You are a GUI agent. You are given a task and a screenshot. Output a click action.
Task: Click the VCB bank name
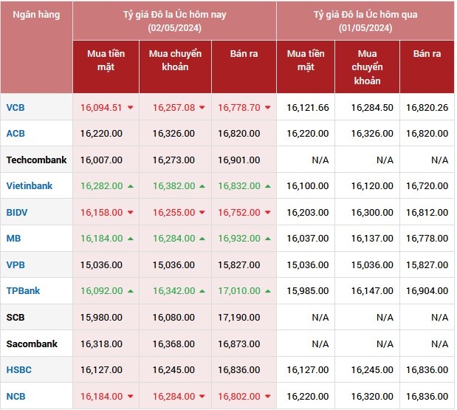point(16,107)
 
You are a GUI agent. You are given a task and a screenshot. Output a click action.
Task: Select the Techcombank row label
point(36,160)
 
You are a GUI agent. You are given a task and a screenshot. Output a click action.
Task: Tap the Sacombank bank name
point(32,344)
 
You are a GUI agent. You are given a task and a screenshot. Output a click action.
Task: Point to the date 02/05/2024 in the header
point(174,28)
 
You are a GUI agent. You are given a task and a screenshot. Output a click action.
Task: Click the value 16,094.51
point(100,107)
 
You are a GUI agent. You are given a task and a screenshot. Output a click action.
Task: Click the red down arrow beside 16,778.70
point(267,108)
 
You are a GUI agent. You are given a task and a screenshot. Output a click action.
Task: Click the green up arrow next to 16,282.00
point(130,186)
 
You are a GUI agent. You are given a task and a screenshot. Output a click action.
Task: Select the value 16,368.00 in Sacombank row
point(173,344)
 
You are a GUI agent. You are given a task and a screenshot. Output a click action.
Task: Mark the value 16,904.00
point(427,291)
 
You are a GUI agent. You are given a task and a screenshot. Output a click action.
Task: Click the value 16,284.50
point(372,107)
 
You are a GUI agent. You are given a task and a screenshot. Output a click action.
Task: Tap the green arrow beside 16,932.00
point(267,239)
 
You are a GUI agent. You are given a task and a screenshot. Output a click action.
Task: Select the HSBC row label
point(18,369)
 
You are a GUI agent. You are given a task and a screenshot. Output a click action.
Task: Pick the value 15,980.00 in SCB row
point(100,317)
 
